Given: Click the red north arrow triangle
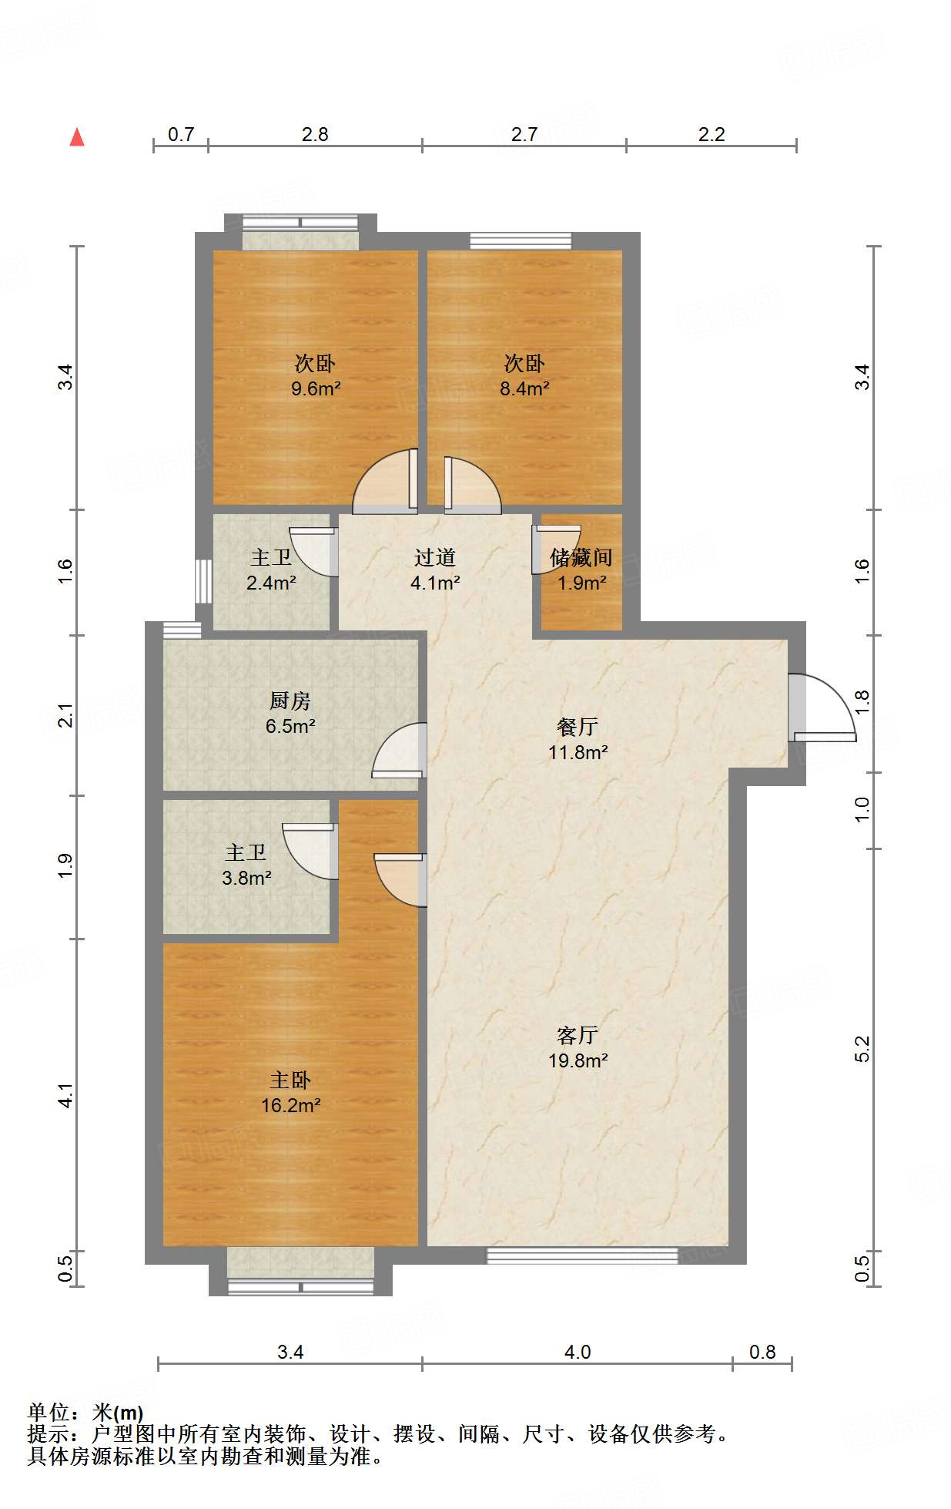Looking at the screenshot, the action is click(x=77, y=137).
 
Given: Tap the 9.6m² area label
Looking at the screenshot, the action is click(x=316, y=388).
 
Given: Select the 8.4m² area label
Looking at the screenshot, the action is click(x=524, y=388).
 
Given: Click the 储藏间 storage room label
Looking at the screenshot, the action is click(x=581, y=557).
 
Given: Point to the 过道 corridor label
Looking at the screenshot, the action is click(x=435, y=557).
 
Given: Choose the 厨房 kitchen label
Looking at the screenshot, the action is click(x=290, y=701).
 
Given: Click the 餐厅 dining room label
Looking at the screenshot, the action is click(x=578, y=727).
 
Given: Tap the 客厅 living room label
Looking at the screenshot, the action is click(x=578, y=1035).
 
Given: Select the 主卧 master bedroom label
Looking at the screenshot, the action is click(x=290, y=1080).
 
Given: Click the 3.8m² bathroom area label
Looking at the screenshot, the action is click(x=246, y=877).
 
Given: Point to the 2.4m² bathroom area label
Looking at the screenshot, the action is click(x=271, y=583).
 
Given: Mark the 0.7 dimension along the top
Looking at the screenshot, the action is click(x=181, y=134).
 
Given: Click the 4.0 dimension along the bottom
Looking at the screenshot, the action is click(x=578, y=1352).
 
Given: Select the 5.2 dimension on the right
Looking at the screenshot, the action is click(x=862, y=1049).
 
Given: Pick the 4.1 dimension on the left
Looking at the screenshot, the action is click(x=65, y=1095).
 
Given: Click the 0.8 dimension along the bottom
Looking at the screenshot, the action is click(x=762, y=1352).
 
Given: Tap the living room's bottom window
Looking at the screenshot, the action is click(x=582, y=1255).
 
